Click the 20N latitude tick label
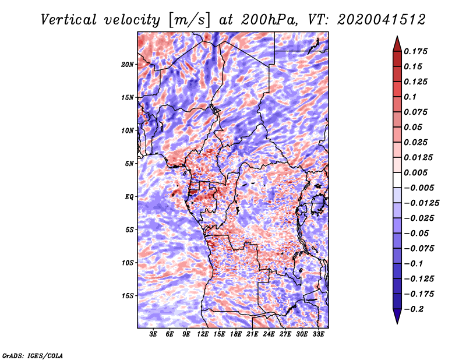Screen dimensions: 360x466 coord(128,64)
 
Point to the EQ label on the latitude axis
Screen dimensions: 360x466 coord(129,197)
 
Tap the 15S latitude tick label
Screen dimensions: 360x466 coord(128,296)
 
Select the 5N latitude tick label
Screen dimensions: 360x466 coord(129,164)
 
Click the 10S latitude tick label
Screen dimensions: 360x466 coord(128,263)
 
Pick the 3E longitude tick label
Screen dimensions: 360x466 coord(154,335)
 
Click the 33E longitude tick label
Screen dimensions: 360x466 coord(318,335)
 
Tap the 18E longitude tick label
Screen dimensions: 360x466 coord(236,335)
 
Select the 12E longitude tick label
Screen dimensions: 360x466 coord(203,335)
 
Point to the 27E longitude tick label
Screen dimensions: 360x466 coord(285,335)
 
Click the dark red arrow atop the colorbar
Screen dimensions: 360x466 coord(396,43)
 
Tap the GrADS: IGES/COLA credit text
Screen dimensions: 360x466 coord(33,355)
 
